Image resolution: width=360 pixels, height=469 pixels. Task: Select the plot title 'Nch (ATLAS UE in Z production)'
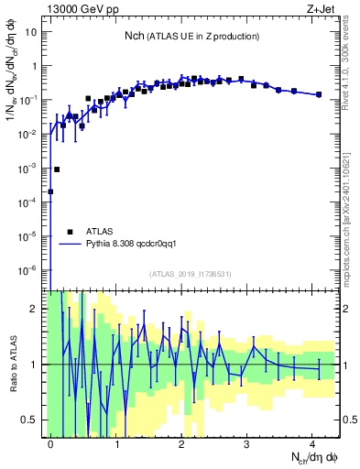192,36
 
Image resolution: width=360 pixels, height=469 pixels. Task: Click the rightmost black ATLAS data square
318,94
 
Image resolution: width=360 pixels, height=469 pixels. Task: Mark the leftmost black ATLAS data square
50,191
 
